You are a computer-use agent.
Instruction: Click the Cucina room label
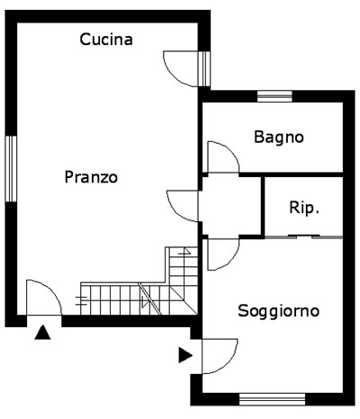point(106,40)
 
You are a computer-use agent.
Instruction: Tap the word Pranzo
point(91,177)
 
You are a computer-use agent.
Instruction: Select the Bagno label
point(279,138)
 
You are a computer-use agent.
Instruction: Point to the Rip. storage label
point(303,208)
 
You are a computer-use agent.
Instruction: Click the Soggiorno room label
point(278,311)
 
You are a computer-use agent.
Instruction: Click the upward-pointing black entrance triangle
point(42,333)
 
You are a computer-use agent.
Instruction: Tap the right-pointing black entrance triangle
point(185,355)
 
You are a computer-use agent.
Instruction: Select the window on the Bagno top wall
point(274,96)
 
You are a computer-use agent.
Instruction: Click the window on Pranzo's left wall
point(11,169)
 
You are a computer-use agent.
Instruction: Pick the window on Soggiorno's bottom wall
point(272,399)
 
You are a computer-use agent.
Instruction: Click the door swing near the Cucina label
point(171,74)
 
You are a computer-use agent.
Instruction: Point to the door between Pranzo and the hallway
point(174,211)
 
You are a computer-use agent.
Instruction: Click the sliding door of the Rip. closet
point(303,237)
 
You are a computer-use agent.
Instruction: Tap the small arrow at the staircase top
point(184,251)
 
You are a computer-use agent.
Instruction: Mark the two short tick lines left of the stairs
point(81,300)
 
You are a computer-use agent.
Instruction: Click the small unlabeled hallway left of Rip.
point(231,206)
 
